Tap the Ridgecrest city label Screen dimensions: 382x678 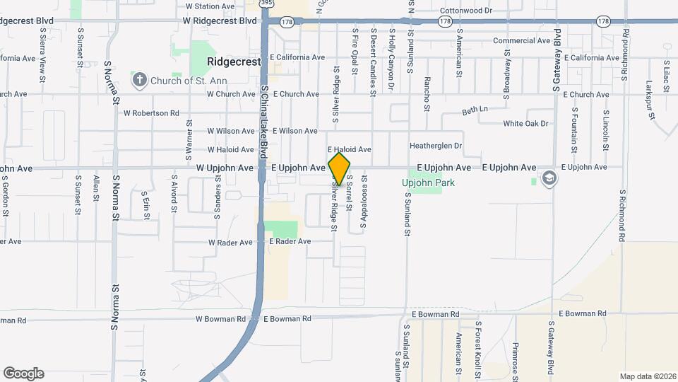(234, 62)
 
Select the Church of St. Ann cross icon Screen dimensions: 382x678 (139, 79)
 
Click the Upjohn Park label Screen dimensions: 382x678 (428, 183)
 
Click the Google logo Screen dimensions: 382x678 (23, 373)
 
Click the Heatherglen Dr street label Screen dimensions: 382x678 (436, 146)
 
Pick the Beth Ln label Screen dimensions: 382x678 (475, 110)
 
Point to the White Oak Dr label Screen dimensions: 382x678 (525, 124)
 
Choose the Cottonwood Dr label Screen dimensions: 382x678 (465, 11)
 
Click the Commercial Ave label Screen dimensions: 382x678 (521, 40)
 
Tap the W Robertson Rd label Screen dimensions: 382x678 (151, 112)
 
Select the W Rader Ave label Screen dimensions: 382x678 (230, 242)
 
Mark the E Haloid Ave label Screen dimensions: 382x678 (349, 149)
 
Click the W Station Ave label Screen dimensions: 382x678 (210, 6)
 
